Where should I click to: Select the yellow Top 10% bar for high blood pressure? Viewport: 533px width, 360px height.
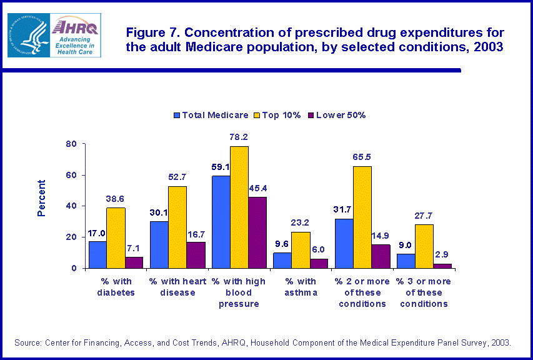239,207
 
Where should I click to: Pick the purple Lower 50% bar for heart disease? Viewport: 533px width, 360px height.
196,255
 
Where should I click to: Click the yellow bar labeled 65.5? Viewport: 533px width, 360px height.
362,217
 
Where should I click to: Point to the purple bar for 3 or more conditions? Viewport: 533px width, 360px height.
442,266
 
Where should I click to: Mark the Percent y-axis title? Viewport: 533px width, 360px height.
42,198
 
